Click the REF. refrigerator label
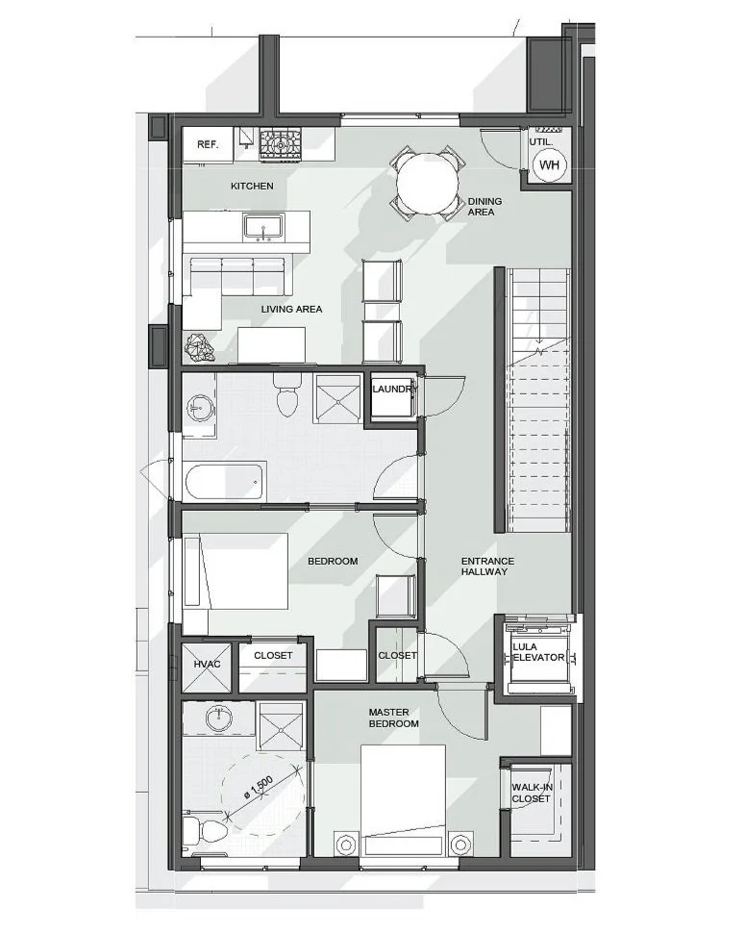[x=208, y=144]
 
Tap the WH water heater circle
[x=550, y=165]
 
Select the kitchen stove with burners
[x=281, y=144]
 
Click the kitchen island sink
[x=261, y=228]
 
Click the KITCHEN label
[x=252, y=187]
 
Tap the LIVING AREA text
[x=291, y=309]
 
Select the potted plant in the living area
[x=199, y=347]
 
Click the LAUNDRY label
[x=393, y=389]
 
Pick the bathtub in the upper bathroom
[x=224, y=481]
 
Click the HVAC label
[x=207, y=664]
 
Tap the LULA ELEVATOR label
[x=538, y=652]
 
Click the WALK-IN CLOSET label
[x=532, y=793]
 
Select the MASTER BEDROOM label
[x=393, y=718]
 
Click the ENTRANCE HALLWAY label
[x=487, y=566]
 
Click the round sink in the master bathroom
[x=220, y=718]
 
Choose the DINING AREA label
[x=485, y=206]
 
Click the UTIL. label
[x=540, y=142]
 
